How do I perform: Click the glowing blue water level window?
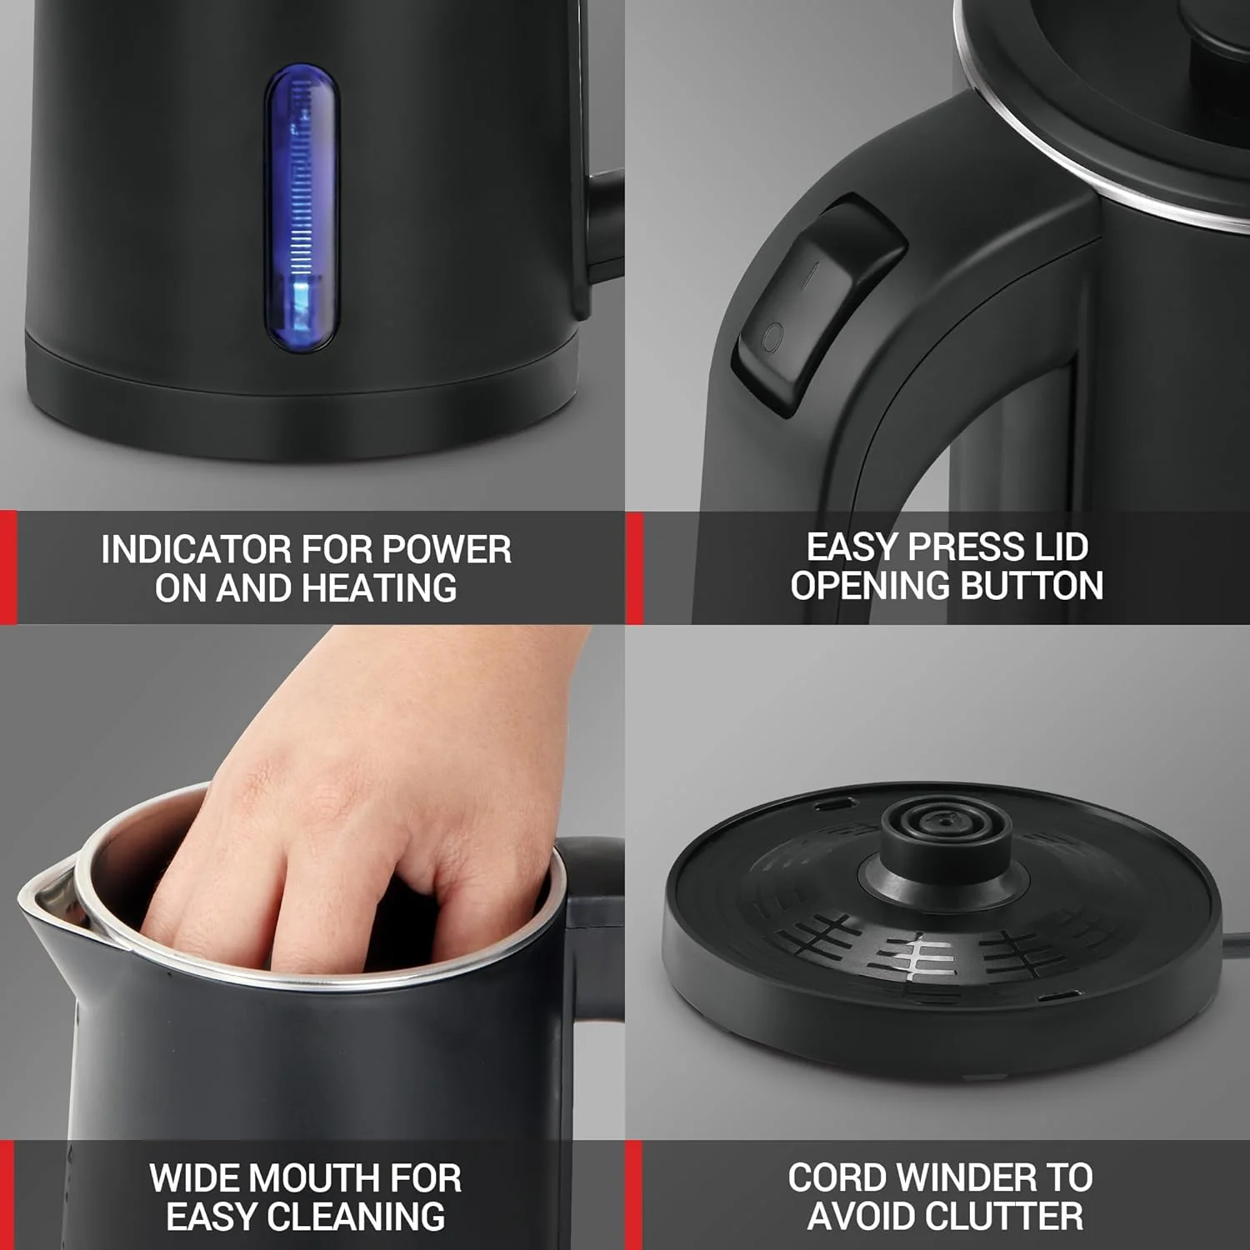(x=302, y=208)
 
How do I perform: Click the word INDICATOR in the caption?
(x=196, y=550)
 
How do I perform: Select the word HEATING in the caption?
(x=379, y=588)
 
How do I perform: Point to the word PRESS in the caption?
(x=967, y=547)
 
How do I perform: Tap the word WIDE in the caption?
(x=196, y=1178)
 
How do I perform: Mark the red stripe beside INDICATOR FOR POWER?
(x=8, y=567)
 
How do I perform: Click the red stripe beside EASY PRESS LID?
(x=634, y=567)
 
